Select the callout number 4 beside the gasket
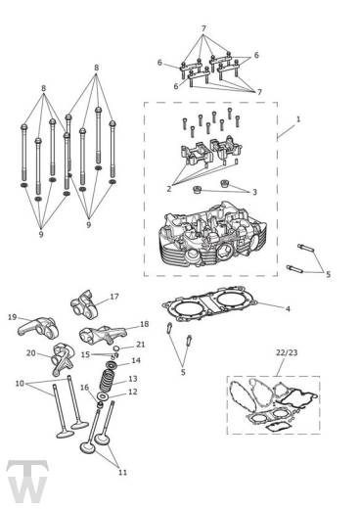coord(287,309)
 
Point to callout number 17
coord(114,297)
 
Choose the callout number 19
coord(12,317)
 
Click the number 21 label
coord(141,345)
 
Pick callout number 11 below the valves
coord(122,472)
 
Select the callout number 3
coord(254,193)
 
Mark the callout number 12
coord(133,392)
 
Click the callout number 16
coord(86,388)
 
